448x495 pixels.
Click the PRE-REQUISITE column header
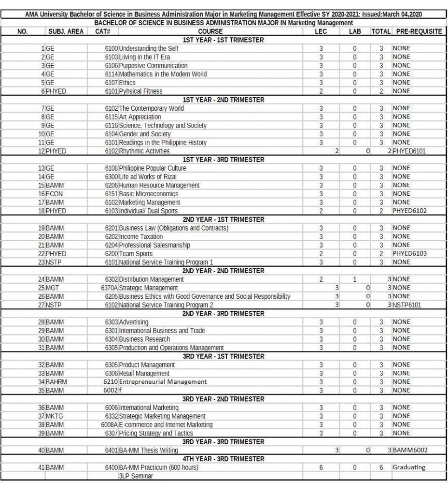click(419, 31)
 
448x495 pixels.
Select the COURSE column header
click(210, 31)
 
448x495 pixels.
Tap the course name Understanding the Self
click(149, 48)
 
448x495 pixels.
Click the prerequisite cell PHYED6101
click(410, 151)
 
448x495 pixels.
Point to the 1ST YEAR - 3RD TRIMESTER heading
click(224, 160)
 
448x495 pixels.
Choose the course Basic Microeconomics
click(149, 194)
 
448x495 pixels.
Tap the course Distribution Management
click(151, 279)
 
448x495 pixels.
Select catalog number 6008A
click(109, 424)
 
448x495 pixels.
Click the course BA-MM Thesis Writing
click(149, 451)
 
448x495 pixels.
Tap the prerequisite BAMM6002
click(410, 451)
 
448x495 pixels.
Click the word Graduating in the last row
click(408, 467)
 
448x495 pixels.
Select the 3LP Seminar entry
click(136, 476)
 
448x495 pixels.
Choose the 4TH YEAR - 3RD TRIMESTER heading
click(224, 459)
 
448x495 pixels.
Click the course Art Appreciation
click(140, 117)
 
